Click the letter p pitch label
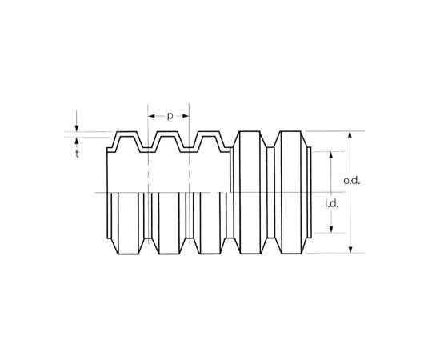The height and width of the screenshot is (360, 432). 170,117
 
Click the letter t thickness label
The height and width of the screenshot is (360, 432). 78,154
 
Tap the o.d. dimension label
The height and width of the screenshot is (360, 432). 352,181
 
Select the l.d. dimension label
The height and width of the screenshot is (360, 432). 331,204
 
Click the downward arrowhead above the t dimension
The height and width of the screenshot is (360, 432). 77,128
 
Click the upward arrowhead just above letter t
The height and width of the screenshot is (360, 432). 77,141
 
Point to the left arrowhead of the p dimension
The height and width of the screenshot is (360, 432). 151,116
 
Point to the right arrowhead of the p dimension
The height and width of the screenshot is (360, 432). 186,116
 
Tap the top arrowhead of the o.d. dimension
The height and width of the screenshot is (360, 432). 350,135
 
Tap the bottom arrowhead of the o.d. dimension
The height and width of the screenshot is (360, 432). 350,249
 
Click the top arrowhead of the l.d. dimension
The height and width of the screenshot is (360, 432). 331,155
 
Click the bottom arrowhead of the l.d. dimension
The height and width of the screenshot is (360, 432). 331,229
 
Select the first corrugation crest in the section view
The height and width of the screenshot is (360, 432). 126,134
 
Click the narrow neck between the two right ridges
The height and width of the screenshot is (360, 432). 270,192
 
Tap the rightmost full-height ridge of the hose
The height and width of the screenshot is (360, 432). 290,192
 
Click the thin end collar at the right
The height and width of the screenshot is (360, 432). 309,192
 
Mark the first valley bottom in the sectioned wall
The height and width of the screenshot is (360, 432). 148,150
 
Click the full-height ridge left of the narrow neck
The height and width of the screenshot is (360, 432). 250,192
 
